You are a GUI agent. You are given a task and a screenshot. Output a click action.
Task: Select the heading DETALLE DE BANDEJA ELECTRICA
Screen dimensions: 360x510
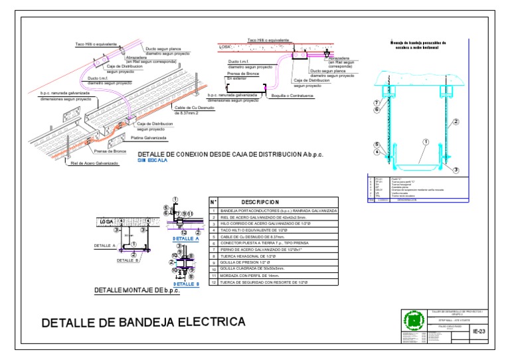tap(143, 323)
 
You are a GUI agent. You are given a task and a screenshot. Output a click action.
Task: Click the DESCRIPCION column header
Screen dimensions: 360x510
tap(260, 202)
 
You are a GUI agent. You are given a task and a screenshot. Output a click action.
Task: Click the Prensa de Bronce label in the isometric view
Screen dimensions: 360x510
tap(110, 151)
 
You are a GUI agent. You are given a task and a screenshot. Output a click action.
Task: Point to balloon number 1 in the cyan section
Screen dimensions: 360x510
tap(424, 141)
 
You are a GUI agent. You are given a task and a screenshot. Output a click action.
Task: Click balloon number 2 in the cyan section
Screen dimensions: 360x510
tap(456, 122)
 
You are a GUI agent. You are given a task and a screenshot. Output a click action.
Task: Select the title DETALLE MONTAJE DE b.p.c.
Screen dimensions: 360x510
tap(137, 290)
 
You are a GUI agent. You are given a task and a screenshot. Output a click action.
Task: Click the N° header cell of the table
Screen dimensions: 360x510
tap(213, 202)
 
